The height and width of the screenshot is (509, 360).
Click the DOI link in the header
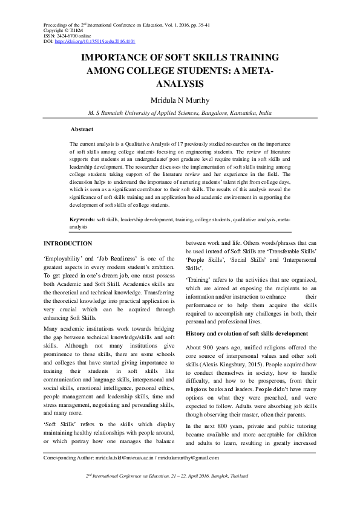[x=95, y=42]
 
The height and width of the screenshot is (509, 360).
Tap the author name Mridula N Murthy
[x=180, y=99]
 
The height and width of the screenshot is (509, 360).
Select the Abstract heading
[x=82, y=129]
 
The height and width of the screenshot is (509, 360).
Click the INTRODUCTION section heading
[x=68, y=244]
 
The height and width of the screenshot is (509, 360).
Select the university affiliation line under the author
[x=180, y=112]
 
